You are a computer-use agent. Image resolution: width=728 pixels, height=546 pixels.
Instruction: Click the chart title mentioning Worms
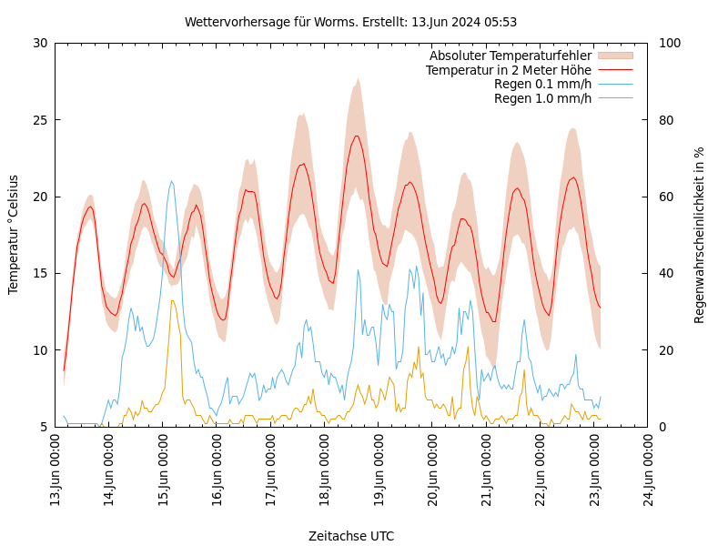350,22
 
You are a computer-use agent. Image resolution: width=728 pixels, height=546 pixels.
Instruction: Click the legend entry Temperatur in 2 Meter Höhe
508,70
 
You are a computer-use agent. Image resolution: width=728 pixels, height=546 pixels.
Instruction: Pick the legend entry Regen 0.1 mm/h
542,84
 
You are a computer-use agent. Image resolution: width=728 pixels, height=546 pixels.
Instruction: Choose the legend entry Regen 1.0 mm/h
542,97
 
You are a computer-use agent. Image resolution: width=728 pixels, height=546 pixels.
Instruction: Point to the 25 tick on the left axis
40,119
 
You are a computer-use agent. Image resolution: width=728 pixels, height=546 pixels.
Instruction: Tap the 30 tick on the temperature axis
40,43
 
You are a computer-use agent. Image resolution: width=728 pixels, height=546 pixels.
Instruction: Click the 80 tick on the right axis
666,119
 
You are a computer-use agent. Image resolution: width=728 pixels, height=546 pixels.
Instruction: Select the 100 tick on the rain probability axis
669,43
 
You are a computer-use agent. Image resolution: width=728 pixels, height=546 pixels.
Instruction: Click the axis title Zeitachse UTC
351,536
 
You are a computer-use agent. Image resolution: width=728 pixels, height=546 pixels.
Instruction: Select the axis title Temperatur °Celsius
14,234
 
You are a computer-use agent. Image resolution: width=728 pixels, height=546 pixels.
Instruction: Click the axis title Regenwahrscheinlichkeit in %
700,235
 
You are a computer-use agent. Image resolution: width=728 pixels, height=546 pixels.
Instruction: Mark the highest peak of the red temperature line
357,136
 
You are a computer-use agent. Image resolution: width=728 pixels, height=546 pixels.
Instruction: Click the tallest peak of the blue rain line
171,180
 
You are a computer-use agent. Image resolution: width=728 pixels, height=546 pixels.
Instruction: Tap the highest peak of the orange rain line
172,300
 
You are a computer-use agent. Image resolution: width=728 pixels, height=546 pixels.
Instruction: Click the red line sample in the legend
614,70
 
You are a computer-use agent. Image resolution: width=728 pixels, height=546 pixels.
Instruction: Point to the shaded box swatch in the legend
614,56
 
